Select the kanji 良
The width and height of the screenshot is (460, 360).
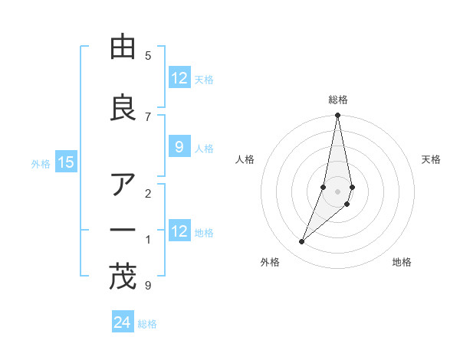122,108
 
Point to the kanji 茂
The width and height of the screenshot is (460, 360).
122,277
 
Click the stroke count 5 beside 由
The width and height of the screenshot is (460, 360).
148,55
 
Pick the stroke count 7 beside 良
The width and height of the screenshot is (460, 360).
148,116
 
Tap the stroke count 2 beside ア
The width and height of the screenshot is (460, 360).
148,193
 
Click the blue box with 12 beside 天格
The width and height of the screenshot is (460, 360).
179,78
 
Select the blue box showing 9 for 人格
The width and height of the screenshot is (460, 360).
179,148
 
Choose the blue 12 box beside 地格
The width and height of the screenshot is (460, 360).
179,231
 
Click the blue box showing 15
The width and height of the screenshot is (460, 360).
66,162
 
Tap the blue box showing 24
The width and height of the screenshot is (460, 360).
122,322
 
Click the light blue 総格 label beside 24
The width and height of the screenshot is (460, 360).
148,324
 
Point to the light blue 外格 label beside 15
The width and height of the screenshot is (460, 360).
41,163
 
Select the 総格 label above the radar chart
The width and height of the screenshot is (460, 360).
338,100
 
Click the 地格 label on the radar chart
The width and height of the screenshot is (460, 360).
402,262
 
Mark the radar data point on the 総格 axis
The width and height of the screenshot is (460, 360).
337,116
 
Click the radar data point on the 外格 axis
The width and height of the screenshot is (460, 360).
301,242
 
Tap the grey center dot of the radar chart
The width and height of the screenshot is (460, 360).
337,191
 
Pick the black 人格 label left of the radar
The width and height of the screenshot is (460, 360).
245,159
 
